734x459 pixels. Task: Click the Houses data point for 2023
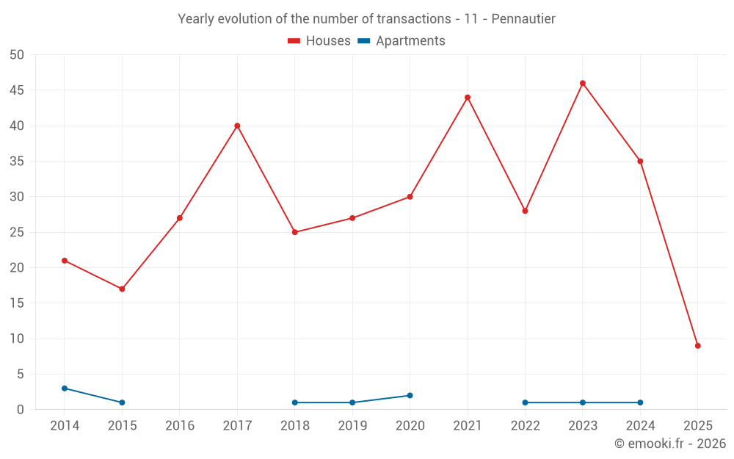click(x=583, y=83)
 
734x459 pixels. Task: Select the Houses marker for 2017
click(x=237, y=126)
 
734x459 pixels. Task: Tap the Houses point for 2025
click(x=698, y=346)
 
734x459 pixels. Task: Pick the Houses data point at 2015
click(x=122, y=289)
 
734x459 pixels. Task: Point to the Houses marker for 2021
click(x=468, y=98)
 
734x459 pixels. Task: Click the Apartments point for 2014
click(x=65, y=388)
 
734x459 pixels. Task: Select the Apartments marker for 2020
click(x=410, y=395)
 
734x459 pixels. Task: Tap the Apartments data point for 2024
click(x=640, y=402)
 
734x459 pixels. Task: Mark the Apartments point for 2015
click(x=122, y=402)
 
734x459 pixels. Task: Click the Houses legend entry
click(x=319, y=41)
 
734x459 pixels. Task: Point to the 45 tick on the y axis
click(x=17, y=90)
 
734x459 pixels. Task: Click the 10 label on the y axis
click(x=17, y=339)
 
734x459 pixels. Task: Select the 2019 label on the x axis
click(x=352, y=426)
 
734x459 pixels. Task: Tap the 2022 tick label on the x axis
click(x=525, y=426)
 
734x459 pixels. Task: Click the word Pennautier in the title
click(x=523, y=18)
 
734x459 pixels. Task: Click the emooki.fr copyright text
click(x=670, y=444)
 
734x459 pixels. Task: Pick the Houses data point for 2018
click(x=294, y=232)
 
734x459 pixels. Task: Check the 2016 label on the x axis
click(x=180, y=426)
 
